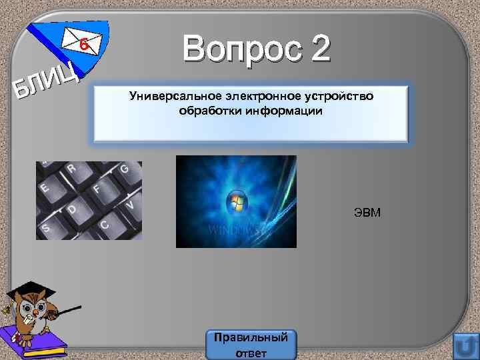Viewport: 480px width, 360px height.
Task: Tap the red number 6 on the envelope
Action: (83, 45)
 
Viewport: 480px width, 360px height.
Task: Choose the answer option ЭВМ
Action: (367, 214)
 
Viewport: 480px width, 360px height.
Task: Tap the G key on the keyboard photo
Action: (123, 171)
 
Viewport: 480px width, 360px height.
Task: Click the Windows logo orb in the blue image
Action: (235, 201)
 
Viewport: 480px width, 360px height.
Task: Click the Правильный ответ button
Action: (251, 344)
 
